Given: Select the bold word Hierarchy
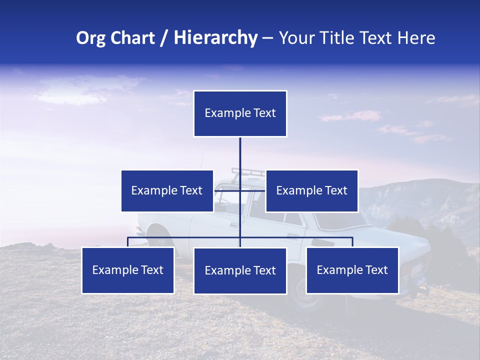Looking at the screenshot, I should tap(215, 38).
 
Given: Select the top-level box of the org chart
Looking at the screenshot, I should tap(240, 113).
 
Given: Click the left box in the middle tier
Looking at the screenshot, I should tap(167, 190).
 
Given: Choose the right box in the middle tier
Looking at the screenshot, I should tap(311, 190).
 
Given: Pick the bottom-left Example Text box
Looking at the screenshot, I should tap(128, 270).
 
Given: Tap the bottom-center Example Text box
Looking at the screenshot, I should tap(240, 270).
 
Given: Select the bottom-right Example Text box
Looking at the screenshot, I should tap(352, 270).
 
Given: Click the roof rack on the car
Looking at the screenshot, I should tap(248, 172).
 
